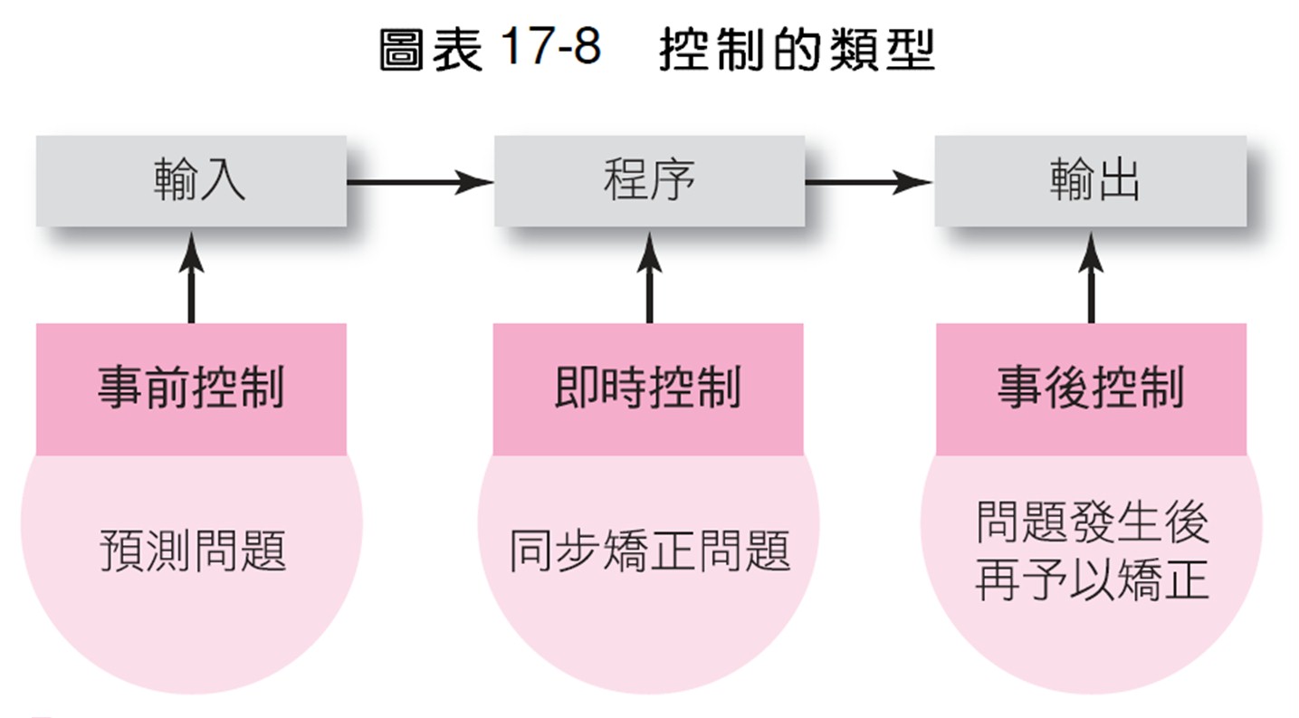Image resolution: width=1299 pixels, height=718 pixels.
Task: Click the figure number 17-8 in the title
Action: [x=549, y=47]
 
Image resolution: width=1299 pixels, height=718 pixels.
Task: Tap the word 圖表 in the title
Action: [x=430, y=50]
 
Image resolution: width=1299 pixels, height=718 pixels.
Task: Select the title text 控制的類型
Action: [x=797, y=50]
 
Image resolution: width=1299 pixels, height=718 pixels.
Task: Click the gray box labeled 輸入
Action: [x=191, y=181]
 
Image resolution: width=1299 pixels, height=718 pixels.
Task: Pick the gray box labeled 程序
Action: [x=650, y=181]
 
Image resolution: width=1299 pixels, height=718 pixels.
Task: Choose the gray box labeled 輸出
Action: [x=1090, y=181]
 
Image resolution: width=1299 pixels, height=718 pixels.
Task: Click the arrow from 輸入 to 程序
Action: [x=420, y=182]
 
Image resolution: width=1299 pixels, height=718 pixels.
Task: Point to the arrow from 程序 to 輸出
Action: [x=869, y=182]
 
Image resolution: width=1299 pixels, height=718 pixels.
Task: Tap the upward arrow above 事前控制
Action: [x=191, y=278]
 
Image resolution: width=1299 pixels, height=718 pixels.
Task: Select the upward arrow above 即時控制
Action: [x=650, y=278]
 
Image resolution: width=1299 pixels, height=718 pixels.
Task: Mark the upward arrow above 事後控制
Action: [x=1092, y=278]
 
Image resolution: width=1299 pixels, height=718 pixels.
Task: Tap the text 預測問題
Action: [x=193, y=550]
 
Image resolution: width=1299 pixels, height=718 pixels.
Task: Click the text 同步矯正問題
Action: [x=650, y=550]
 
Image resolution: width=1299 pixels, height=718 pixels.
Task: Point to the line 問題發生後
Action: [x=1093, y=522]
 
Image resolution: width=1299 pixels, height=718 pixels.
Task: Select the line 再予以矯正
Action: [x=1093, y=580]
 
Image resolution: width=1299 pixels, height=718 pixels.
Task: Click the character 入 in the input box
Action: [x=223, y=180]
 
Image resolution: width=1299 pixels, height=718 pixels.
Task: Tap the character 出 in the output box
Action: [x=1117, y=180]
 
